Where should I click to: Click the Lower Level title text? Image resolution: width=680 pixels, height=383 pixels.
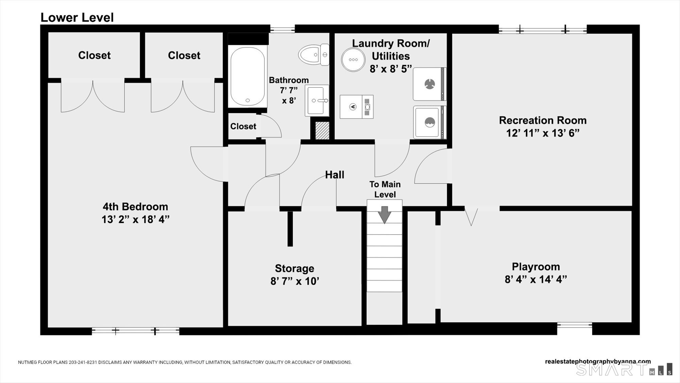coord(77,17)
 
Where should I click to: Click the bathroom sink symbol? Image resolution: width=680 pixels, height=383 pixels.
coord(317,101)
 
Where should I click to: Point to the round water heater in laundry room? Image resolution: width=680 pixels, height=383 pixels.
coord(353,60)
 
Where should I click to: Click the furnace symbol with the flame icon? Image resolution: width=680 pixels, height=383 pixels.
coord(357,107)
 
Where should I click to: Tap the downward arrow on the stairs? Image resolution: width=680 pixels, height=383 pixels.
coord(385,214)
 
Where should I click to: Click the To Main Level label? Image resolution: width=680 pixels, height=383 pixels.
coord(385,189)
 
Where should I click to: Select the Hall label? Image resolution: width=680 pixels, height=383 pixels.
coord(335,175)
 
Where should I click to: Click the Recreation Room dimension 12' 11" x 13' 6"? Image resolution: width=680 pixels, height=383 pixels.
coord(543,133)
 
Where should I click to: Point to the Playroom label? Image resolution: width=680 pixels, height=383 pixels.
coord(536,267)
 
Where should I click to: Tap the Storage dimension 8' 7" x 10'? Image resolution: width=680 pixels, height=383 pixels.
coord(294,281)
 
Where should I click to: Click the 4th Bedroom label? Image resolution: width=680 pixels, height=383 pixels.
coord(135,207)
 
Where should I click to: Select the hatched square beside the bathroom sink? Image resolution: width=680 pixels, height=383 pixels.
coord(322,130)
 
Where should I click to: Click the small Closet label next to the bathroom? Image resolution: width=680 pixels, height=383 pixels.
coord(243,126)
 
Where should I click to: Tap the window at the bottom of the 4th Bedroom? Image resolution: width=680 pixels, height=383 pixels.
coord(135,331)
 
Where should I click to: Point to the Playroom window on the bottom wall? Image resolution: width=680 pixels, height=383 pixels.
coord(574,325)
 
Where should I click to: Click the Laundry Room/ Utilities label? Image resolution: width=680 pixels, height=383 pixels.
coord(391,50)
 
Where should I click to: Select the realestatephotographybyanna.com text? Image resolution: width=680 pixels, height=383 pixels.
coord(598,362)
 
